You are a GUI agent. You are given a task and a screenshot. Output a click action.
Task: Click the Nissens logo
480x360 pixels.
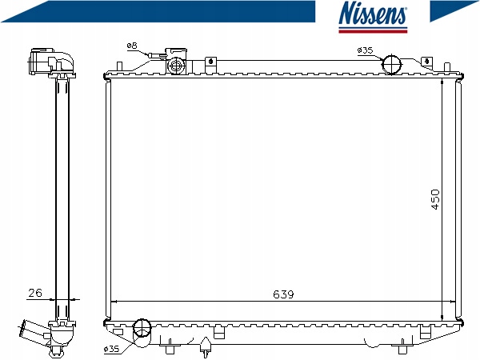(x=373, y=16)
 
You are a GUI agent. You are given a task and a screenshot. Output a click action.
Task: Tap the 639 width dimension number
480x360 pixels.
(x=283, y=294)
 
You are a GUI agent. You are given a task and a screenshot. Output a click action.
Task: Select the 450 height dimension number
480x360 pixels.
(x=435, y=199)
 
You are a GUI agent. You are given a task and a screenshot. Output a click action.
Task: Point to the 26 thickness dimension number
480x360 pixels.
(x=35, y=293)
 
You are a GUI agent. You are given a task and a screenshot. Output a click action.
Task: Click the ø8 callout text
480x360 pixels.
(x=132, y=46)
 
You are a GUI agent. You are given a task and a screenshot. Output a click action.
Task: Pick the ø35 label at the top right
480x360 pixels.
(x=365, y=50)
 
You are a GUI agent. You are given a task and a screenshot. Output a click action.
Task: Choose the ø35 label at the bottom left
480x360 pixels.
(x=111, y=349)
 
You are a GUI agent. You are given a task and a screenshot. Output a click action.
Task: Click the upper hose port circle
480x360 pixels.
(x=391, y=64)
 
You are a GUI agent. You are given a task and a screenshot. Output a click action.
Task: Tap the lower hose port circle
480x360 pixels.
(x=142, y=328)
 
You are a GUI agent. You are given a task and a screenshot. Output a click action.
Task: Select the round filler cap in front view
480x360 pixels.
(x=175, y=66)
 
